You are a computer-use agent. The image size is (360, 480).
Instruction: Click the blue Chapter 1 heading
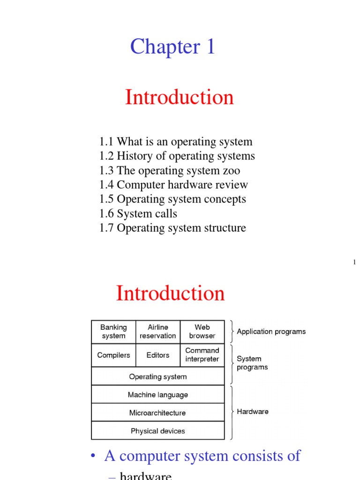click(172, 47)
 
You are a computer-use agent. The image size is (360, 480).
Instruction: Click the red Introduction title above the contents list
click(179, 97)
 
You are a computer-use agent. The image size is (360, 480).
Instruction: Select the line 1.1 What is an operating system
click(176, 142)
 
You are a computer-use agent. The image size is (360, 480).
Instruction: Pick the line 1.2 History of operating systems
click(177, 156)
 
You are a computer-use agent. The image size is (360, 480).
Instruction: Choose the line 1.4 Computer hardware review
click(173, 185)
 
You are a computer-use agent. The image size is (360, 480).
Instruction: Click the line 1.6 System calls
click(138, 214)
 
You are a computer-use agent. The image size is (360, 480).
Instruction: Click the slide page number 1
click(355, 262)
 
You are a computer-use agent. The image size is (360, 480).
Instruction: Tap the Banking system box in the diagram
click(113, 331)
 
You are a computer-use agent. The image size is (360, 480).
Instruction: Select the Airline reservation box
click(158, 331)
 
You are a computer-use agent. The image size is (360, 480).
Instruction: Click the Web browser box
click(202, 331)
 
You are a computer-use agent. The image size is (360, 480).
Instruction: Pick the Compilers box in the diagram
click(113, 355)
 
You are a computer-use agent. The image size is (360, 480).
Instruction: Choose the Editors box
click(158, 355)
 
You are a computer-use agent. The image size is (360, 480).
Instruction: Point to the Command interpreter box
click(202, 355)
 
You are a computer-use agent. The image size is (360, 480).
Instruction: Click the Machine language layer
click(158, 395)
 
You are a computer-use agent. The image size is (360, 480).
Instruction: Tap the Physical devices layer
click(158, 431)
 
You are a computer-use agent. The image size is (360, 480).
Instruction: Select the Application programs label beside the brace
click(271, 332)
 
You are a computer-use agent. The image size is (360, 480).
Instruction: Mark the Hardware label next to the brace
click(253, 412)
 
